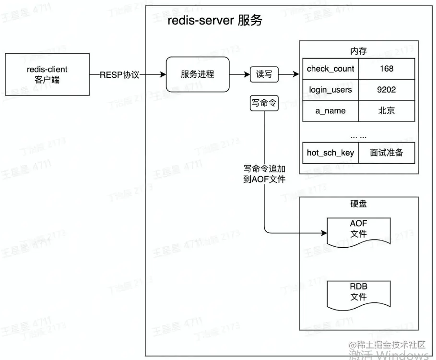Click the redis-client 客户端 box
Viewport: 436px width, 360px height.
(47, 74)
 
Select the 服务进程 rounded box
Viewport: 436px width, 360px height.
(197, 74)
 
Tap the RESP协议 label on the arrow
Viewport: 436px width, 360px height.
(119, 75)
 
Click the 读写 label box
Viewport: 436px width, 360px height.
(264, 75)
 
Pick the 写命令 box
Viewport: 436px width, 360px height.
(264, 103)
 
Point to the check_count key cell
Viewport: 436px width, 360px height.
(330, 69)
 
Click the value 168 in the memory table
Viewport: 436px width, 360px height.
(386, 69)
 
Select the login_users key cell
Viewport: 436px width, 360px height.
(330, 90)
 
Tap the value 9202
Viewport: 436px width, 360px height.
(386, 90)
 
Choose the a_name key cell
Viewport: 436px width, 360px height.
(330, 111)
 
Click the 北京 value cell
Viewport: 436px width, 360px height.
(386, 111)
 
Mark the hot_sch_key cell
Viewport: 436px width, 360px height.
(330, 153)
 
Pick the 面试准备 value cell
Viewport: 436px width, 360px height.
(386, 153)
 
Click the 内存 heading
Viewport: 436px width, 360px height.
(358, 50)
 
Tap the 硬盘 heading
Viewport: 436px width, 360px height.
(358, 204)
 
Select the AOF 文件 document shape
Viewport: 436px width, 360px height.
(358, 230)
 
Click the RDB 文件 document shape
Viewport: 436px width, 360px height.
(358, 292)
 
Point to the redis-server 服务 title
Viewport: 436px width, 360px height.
(214, 22)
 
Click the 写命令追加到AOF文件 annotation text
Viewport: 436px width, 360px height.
(264, 174)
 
